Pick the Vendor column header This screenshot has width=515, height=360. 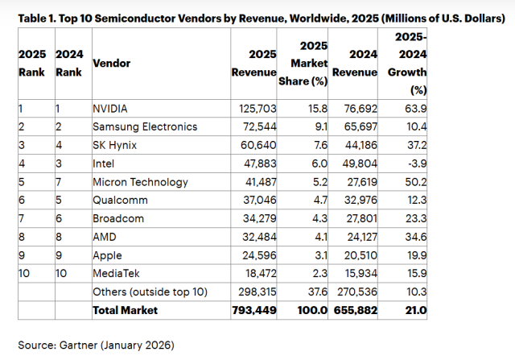(x=112, y=62)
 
